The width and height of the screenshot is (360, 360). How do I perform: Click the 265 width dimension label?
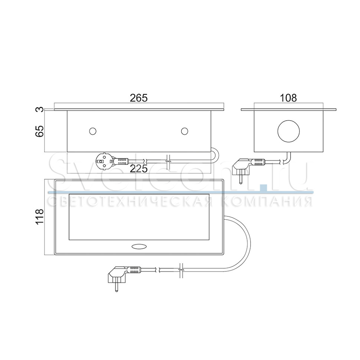139,98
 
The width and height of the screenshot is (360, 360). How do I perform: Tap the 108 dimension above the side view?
288,98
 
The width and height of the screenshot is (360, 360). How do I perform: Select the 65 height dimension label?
39,131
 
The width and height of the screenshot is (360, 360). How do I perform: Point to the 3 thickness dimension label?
39,109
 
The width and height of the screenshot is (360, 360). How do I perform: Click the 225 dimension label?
139,169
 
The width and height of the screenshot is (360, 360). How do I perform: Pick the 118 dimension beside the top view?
39,216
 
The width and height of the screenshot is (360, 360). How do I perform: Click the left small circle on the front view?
92,131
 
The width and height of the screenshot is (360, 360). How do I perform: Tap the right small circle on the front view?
184,131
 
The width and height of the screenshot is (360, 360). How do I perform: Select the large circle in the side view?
289,131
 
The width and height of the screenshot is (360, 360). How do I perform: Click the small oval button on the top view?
139,246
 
